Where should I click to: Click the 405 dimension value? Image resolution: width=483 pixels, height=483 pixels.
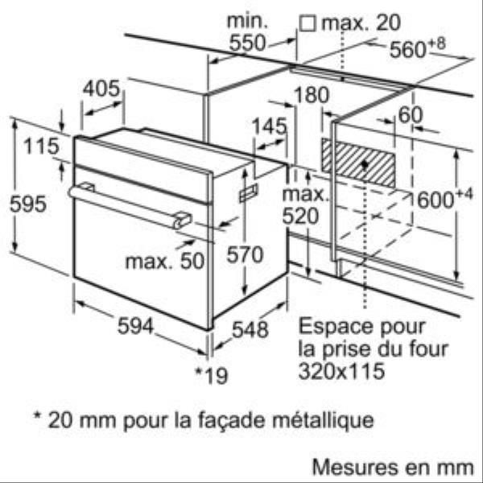(x=101, y=89)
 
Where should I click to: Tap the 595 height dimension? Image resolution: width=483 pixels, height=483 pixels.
(x=28, y=204)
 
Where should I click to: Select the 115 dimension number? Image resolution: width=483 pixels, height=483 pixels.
(x=41, y=146)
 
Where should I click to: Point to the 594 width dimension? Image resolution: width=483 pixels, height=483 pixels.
(x=135, y=326)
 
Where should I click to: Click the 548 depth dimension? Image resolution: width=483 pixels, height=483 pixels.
(x=250, y=329)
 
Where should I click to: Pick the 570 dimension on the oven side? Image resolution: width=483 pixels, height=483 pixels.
(x=245, y=254)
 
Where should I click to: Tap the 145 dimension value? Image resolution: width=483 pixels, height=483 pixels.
(x=269, y=126)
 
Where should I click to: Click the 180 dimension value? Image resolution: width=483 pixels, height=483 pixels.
(x=312, y=94)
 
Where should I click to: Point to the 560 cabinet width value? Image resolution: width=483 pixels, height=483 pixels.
(x=408, y=49)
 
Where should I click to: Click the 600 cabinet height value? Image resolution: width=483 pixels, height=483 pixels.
(x=436, y=200)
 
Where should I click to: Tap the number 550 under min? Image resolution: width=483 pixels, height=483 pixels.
(x=247, y=43)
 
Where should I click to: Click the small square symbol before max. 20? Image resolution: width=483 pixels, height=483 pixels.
(x=308, y=23)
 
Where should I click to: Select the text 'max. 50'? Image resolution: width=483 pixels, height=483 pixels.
(x=165, y=261)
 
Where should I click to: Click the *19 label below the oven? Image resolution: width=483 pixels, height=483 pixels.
(x=212, y=375)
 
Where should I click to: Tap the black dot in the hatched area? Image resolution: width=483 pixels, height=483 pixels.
(x=365, y=165)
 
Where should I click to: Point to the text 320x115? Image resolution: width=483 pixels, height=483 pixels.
(x=341, y=370)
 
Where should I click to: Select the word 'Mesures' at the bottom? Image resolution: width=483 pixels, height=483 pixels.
(x=354, y=467)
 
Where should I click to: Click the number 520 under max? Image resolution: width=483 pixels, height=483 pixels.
(x=300, y=216)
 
